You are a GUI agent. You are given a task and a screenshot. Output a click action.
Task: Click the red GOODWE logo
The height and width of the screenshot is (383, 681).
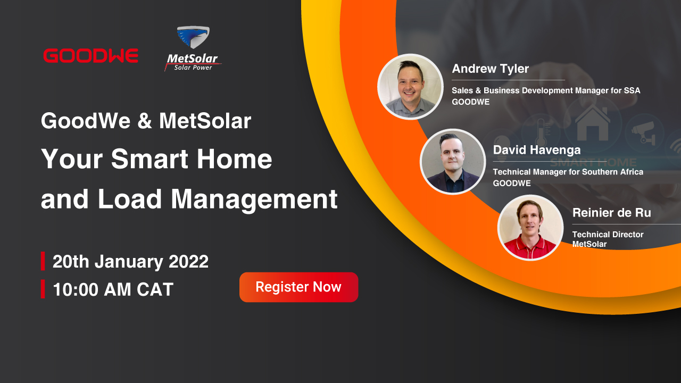pos(90,56)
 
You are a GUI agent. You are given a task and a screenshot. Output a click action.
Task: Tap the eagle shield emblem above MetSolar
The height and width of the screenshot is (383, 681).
pos(193,37)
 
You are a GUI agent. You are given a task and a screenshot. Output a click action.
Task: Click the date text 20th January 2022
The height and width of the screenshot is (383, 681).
pos(130,261)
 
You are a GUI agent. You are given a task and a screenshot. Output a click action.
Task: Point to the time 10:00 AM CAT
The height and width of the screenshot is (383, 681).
pos(113,289)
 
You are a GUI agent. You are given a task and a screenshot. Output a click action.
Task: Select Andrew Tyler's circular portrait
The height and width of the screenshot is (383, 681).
pos(410,87)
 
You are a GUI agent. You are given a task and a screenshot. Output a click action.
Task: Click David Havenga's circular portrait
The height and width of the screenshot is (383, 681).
pos(453,161)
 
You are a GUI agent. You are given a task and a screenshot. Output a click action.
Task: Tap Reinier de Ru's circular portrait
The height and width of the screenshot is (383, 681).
pos(530,228)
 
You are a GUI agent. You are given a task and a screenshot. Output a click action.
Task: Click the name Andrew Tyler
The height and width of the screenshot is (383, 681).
pos(491,69)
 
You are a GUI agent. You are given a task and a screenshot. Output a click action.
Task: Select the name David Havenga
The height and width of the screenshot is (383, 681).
pos(537,150)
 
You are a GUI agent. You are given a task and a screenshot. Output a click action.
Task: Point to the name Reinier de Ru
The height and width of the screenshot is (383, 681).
pos(612,213)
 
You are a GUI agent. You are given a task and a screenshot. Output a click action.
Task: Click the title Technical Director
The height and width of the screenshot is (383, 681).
pos(608,235)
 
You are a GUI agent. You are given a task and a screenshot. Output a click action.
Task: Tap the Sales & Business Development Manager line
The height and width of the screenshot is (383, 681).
pos(546,90)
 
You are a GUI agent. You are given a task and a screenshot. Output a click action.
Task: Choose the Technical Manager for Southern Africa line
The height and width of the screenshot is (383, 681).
pos(568,172)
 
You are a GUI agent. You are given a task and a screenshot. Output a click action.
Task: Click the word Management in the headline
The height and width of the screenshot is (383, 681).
pos(254,199)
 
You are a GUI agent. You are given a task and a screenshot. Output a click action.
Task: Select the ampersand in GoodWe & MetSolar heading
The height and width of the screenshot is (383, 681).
pos(145,121)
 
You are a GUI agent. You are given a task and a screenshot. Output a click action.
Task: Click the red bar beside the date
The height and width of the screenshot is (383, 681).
pos(43,261)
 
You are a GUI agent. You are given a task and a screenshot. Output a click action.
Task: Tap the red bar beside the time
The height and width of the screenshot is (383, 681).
pos(43,289)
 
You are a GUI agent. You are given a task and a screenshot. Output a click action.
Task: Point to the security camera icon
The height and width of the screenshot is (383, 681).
pos(644,132)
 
